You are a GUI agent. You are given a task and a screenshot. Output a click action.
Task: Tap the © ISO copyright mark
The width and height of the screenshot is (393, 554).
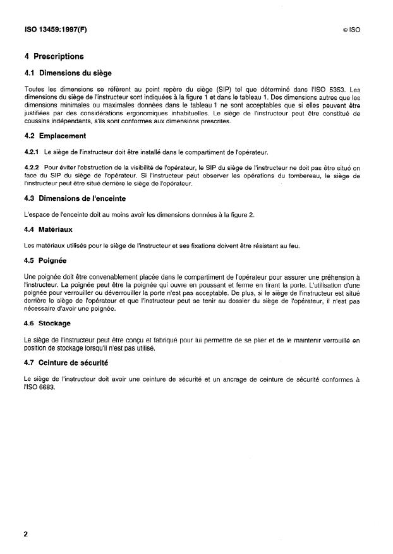[x=350, y=30]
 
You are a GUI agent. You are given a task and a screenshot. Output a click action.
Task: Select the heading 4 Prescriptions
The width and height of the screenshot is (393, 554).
[x=54, y=56]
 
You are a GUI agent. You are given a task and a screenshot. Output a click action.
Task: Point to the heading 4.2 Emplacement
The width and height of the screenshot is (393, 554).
[x=55, y=136]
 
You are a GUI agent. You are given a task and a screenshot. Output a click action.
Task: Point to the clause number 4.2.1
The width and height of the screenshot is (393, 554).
[x=32, y=152]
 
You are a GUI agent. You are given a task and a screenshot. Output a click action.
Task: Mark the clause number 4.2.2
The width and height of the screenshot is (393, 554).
[x=32, y=167]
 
